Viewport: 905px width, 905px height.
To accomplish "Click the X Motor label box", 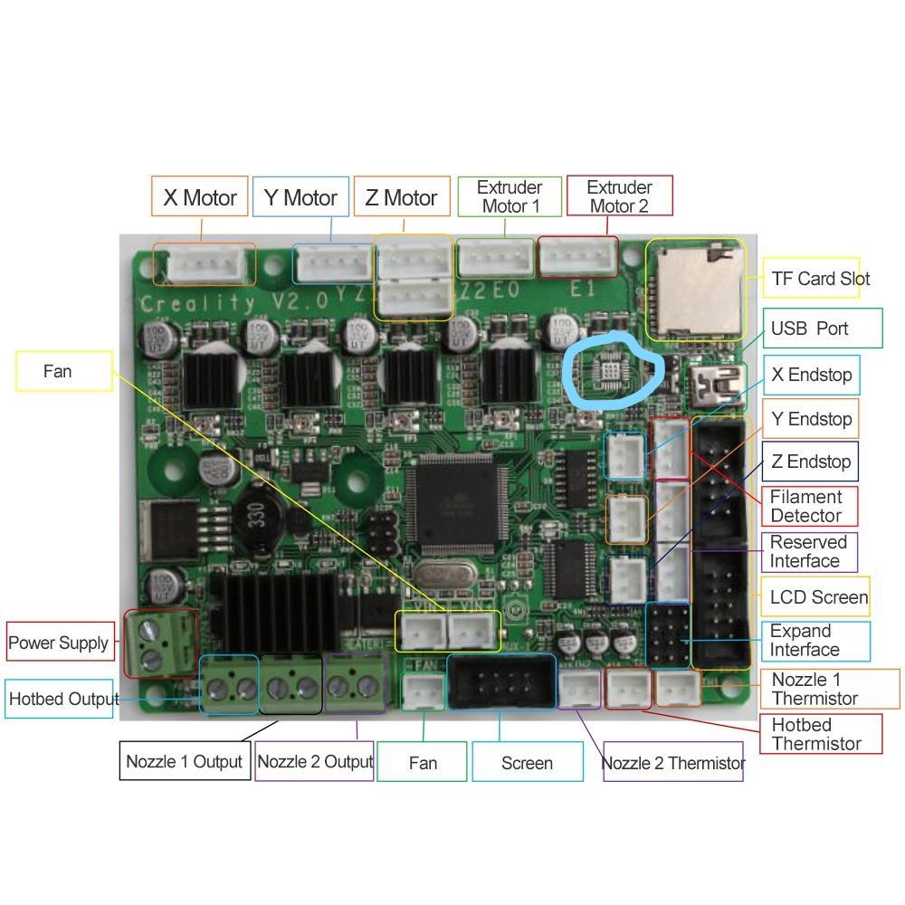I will tap(199, 197).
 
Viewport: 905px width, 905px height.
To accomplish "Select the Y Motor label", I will tap(300, 197).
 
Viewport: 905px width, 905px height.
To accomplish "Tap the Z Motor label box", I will tap(402, 197).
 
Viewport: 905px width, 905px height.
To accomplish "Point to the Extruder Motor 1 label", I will tap(510, 196).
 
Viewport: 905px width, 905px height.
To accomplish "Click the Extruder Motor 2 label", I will tap(619, 196).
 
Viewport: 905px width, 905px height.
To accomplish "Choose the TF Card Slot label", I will tap(820, 279).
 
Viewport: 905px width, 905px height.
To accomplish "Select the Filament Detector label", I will tap(806, 506).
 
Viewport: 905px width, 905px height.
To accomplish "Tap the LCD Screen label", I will tap(818, 597).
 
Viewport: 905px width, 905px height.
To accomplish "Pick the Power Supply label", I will tap(59, 643).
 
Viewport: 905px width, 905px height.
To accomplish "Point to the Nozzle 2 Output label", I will tap(315, 761).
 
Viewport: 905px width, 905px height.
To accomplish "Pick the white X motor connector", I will tap(204, 264).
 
